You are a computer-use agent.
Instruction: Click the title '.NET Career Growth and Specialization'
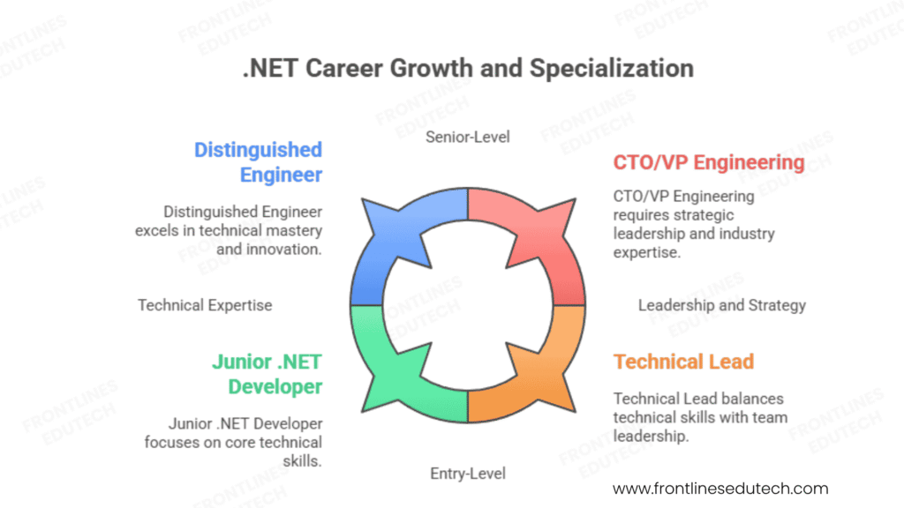468,68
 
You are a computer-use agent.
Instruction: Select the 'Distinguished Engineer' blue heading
258,162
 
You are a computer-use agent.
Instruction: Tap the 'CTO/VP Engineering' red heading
709,162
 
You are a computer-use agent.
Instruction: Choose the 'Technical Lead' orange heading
683,362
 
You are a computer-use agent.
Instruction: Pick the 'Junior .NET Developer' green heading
267,374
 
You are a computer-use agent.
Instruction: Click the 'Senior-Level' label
468,136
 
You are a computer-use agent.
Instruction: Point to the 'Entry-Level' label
468,474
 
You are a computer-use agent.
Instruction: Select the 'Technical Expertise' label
205,305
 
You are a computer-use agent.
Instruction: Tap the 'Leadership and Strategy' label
722,305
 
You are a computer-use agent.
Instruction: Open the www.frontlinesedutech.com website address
720,488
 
